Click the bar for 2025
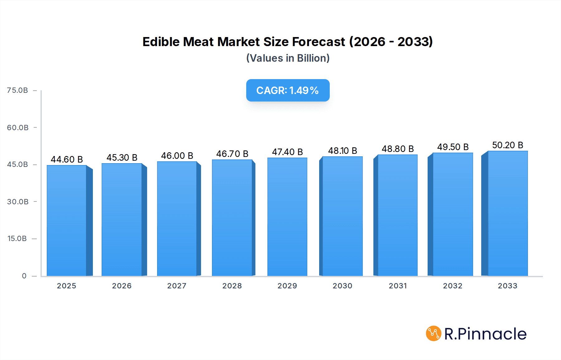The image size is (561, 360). [67, 220]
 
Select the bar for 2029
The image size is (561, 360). [287, 217]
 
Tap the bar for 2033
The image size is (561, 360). [508, 213]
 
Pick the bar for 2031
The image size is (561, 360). [398, 215]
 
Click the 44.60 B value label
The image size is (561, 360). [67, 159]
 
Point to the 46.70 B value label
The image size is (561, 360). [232, 154]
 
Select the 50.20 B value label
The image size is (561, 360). [507, 145]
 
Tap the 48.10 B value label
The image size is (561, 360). [342, 151]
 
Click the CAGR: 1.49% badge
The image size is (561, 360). [288, 90]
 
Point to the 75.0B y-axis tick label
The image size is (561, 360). [17, 90]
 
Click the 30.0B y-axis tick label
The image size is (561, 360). [18, 202]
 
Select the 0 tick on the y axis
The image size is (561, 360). [24, 276]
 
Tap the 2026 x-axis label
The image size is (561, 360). [122, 286]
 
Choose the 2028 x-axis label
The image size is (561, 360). [232, 286]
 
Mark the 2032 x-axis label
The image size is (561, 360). [453, 286]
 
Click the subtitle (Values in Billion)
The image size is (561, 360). [288, 58]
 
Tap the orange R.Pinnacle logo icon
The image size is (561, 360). [434, 334]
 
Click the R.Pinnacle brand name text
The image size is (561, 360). [485, 334]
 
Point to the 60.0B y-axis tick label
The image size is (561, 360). [18, 128]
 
